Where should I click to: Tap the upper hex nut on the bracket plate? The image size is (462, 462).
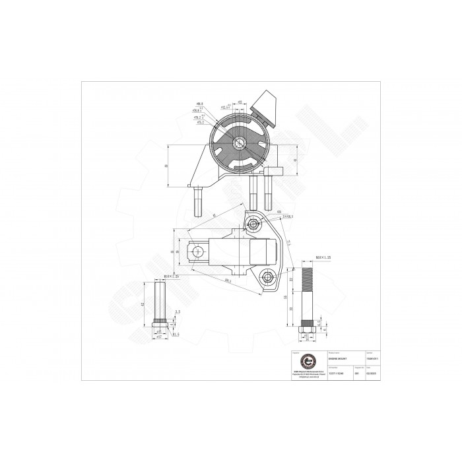249,219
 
